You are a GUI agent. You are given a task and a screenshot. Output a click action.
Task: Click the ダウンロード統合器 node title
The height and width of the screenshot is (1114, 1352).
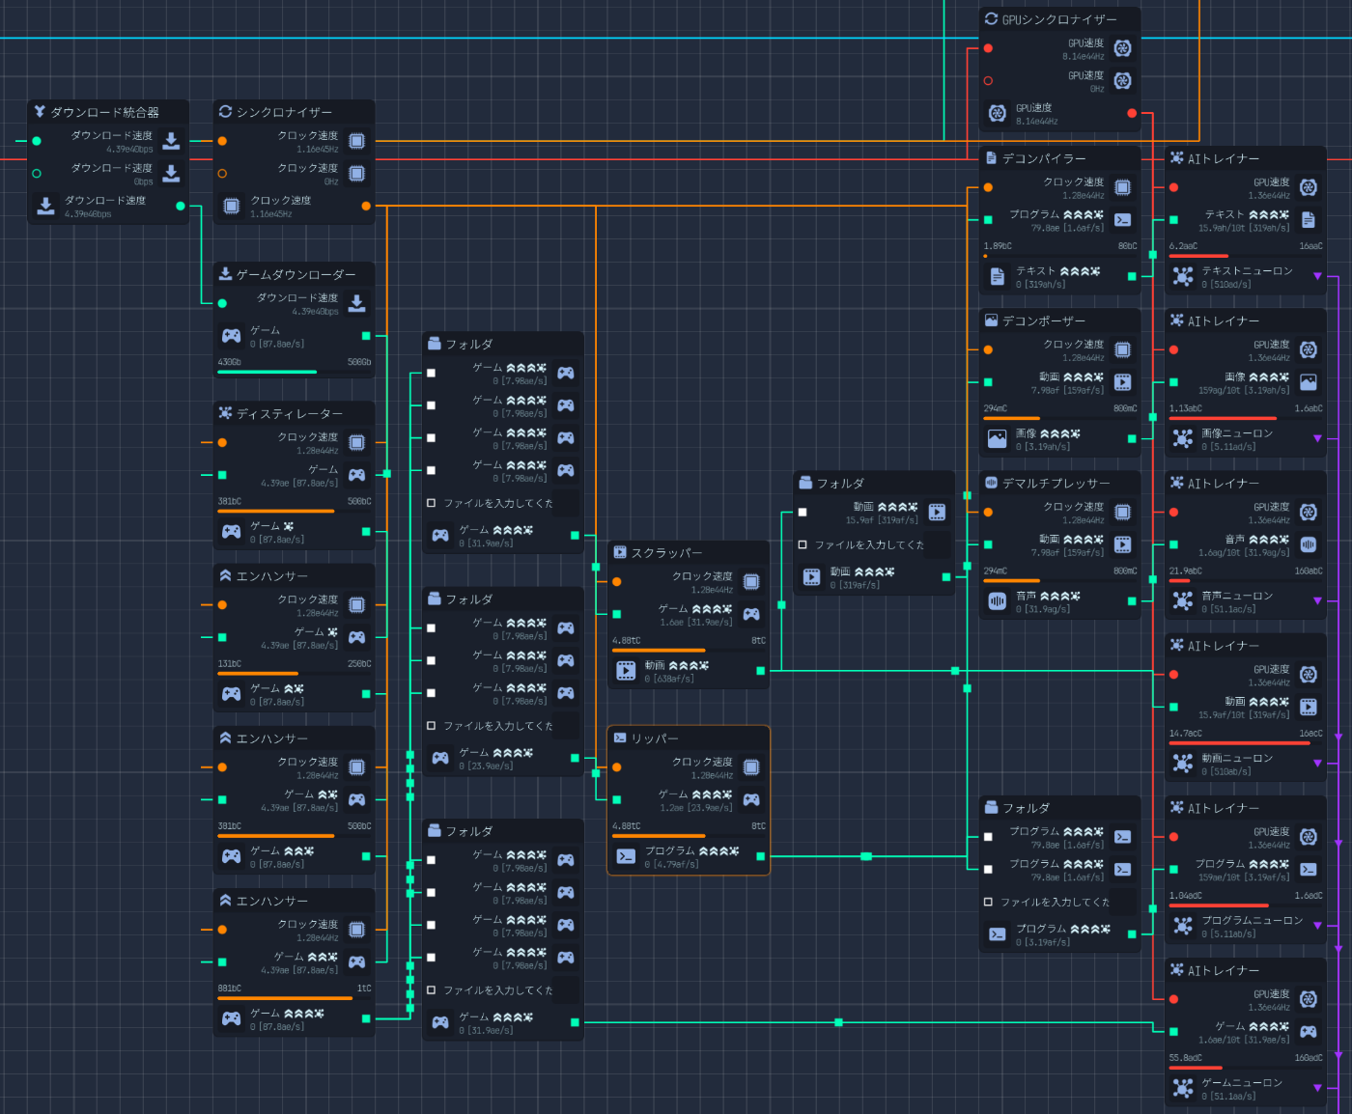104,112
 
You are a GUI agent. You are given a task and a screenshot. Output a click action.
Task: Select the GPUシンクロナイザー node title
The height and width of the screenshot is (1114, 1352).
1058,19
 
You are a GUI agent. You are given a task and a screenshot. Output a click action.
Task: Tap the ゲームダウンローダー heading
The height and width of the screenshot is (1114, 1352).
296,274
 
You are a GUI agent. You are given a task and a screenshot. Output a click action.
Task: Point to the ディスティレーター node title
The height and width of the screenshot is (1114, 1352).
289,413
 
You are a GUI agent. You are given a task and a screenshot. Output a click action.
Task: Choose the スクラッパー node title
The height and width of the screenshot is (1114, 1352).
665,553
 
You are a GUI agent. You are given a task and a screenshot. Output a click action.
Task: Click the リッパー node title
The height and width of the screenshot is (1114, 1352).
654,738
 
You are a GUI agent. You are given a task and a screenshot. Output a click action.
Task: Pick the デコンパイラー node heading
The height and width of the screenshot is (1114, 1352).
1043,158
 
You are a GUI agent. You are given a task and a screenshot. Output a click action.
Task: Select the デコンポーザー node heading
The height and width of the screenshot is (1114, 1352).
1043,320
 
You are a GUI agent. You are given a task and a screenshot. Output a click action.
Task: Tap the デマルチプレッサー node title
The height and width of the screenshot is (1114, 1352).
1056,483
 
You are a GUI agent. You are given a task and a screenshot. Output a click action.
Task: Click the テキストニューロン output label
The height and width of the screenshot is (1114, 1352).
1246,271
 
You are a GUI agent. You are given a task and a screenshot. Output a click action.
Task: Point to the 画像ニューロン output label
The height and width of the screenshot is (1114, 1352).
1236,433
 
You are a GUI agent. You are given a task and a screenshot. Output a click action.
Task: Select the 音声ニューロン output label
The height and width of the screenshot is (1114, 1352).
1236,596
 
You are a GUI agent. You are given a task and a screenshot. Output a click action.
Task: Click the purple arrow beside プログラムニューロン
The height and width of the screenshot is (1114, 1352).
1317,926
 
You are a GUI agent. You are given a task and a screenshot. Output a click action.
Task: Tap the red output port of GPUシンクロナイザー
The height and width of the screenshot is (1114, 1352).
1132,113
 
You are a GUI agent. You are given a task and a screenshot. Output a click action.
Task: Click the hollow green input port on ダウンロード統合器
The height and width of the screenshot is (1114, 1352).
37,174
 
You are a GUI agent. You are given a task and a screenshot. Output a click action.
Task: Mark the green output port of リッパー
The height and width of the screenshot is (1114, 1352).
761,856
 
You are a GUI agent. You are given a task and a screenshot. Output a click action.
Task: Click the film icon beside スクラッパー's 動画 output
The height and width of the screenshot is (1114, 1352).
626,670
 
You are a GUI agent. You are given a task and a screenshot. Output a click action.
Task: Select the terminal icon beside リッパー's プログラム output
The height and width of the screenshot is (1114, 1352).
626,855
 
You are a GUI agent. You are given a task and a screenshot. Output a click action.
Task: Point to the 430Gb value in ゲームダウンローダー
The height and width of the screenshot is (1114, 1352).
230,362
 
